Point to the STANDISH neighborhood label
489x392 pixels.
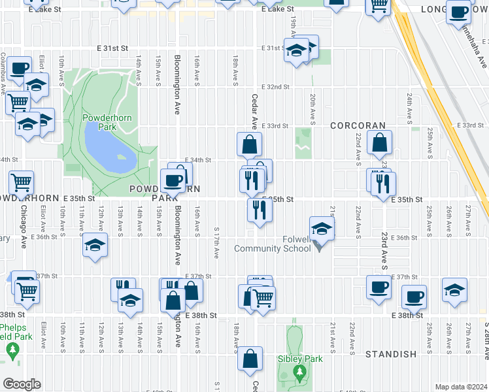pos(390,354)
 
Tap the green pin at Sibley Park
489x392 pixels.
pos(299,371)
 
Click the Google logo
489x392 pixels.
pos(21,384)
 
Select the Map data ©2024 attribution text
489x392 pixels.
pos(460,387)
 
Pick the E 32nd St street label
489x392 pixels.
pos(275,87)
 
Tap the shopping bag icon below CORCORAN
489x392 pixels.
pos(379,143)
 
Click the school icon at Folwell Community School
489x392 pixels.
pos(322,229)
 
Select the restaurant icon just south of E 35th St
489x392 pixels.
pos(260,210)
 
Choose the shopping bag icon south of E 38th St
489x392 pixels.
pos(250,359)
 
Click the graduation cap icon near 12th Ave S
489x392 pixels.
pos(95,246)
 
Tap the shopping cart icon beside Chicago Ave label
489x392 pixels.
pos(22,182)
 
